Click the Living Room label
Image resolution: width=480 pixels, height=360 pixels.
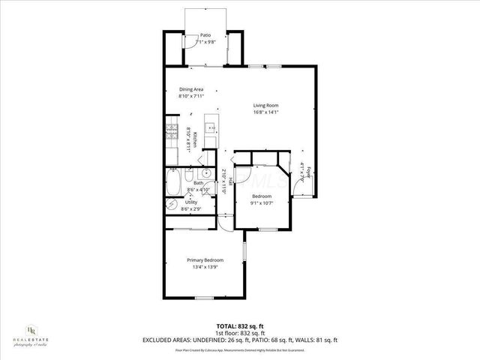pyautogui.click(x=265, y=105)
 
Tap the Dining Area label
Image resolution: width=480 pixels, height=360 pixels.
pyautogui.click(x=190, y=89)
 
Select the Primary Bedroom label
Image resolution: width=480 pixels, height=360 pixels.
pyautogui.click(x=205, y=260)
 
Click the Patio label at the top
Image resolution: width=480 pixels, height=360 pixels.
pyautogui.click(x=205, y=35)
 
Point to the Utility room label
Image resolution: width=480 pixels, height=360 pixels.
pyautogui.click(x=191, y=202)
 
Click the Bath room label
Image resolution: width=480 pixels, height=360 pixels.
pyautogui.click(x=199, y=183)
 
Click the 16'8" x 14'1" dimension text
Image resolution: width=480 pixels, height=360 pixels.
pyautogui.click(x=265, y=112)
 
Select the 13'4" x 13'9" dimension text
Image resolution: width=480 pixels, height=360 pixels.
pyautogui.click(x=205, y=268)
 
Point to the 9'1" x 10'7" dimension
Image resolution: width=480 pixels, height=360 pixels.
pyautogui.click(x=261, y=203)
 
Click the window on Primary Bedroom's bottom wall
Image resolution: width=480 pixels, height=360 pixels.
pyautogui.click(x=205, y=298)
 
